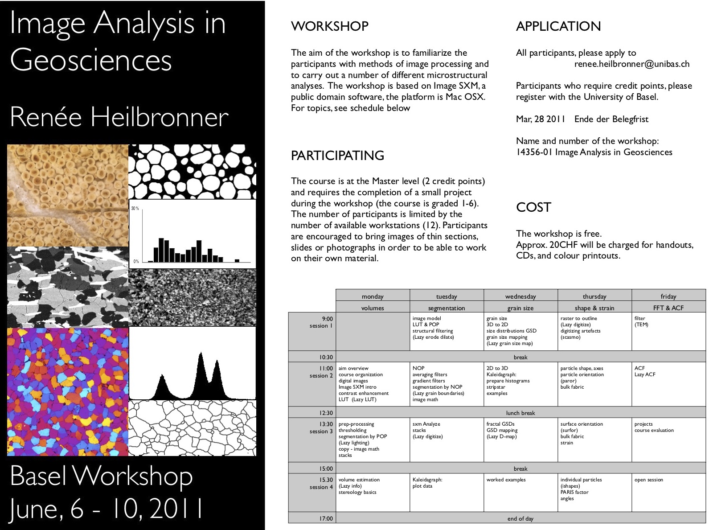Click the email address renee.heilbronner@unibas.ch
pos(631,64)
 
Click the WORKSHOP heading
pos(329,26)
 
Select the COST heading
pos(533,207)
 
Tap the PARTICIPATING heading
pos(337,156)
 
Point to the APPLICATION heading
pos(558,26)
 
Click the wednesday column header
pos(520,296)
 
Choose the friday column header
pos(668,296)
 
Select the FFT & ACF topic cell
pos(668,308)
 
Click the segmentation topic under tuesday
pos(446,308)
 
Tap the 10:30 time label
pos(326,357)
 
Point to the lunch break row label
pos(520,413)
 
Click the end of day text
pos(520,518)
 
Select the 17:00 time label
pos(326,518)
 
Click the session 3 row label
pos(321,431)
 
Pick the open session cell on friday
pos(648,480)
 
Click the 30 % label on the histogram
pos(135,208)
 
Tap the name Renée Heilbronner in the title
pos(119,117)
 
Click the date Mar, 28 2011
pos(540,119)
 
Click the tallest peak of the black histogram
pos(201,354)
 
